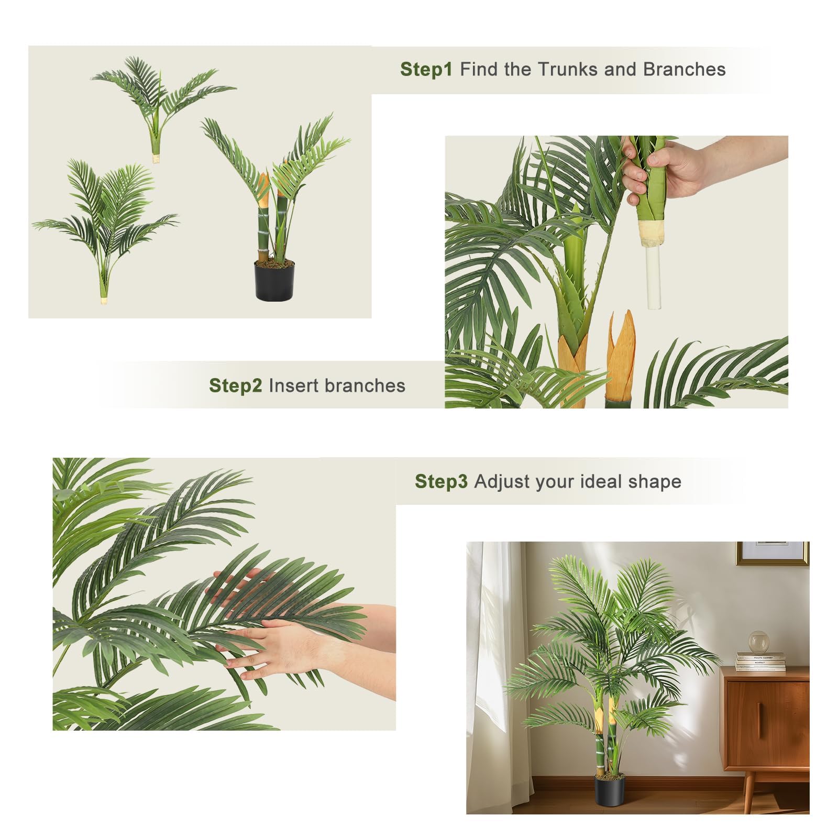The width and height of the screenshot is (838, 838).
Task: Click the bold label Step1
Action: click(426, 69)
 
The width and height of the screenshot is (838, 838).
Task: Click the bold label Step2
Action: click(235, 385)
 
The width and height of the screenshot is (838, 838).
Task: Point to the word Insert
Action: click(293, 385)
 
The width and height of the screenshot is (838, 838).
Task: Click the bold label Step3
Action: click(441, 481)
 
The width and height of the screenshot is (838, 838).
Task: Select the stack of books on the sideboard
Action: click(761, 661)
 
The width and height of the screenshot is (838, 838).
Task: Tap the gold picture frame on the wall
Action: click(773, 554)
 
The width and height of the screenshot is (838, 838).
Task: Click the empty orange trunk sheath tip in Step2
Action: click(621, 357)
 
